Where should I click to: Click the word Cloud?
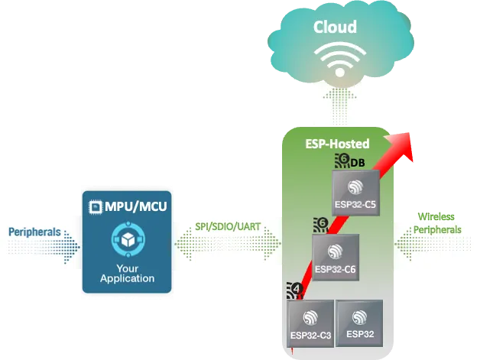tap(335, 28)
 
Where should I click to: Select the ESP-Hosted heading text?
tap(336, 144)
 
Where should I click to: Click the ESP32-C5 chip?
tap(355, 192)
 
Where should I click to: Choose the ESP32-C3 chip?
tap(310, 323)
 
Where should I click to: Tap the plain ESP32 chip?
tap(359, 323)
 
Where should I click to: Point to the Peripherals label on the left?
tap(34, 231)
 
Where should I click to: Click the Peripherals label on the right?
tap(439, 229)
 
